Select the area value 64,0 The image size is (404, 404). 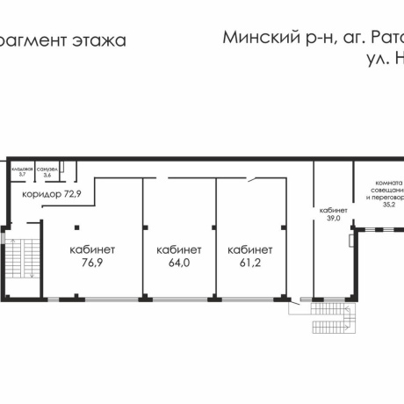coord(179,262)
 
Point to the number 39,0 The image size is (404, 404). coord(333,218)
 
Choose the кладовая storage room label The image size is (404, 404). coord(22,168)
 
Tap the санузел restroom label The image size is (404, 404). coord(47,168)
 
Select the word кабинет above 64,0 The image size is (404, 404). coord(179,249)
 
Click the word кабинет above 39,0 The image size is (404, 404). coord(333,210)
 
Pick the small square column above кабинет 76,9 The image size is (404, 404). coord(77,223)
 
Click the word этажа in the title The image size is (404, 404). coord(97,40)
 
